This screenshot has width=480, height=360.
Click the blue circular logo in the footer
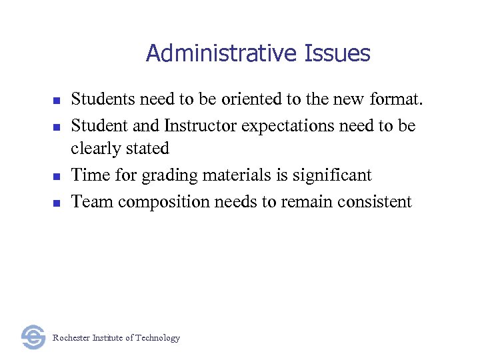click(33, 337)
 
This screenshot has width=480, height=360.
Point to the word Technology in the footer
click(157, 338)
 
